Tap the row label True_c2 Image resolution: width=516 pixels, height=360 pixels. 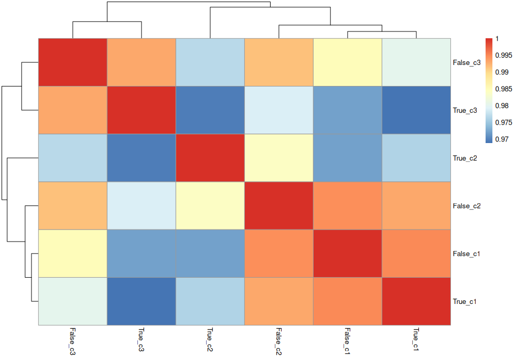tap(465, 158)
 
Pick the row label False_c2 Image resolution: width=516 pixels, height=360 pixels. tap(466, 206)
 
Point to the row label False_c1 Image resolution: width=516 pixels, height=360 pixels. tap(466, 254)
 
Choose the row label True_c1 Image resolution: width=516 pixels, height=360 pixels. tap(465, 302)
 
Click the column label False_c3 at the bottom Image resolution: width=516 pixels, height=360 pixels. tap(72, 342)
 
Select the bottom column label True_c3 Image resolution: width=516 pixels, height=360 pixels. tap(141, 340)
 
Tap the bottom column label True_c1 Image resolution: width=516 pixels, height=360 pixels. tap(416, 340)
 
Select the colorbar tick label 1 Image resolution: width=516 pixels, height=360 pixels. tap(497, 39)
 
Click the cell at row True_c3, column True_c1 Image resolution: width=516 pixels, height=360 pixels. tap(416, 110)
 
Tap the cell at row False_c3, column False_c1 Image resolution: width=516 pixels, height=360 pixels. tap(347, 62)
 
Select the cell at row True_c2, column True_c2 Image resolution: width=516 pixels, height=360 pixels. tap(210, 158)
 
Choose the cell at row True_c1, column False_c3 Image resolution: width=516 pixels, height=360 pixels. tap(72, 301)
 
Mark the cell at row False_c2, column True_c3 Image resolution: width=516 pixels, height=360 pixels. tap(141, 205)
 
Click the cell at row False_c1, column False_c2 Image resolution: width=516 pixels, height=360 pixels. tap(278, 254)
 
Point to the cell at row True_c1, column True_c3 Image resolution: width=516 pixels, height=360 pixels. tap(141, 301)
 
